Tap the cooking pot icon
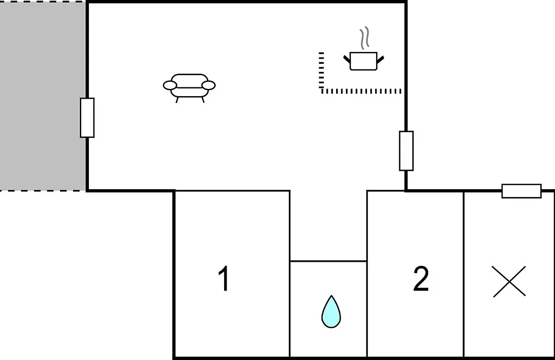pos(364,61)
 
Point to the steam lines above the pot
pos(364,38)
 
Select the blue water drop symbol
pos(331,312)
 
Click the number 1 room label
pos(224,279)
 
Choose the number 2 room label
pos(421,279)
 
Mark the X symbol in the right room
pos(509,281)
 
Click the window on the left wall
pos(87,118)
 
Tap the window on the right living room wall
pos(406,151)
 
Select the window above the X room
pos(522,191)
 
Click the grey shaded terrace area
pos(43,96)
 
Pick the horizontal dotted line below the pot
pos(361,92)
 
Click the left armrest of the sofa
pos(170,85)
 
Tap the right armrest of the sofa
pos(209,85)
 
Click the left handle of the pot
pos(347,59)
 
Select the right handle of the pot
pos(380,59)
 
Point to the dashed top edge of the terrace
pos(43,2)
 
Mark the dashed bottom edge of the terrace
pos(43,191)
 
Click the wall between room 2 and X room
pos(464,275)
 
